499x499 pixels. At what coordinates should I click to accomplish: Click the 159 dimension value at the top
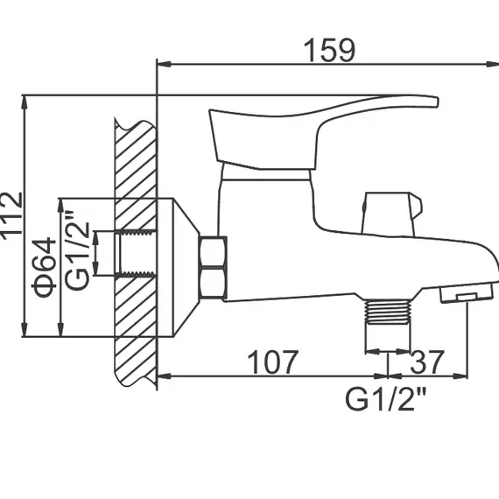pos(330,50)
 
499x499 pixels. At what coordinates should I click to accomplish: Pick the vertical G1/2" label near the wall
pos(77,254)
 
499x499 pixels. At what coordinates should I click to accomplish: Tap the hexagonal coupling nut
pos(213,267)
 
